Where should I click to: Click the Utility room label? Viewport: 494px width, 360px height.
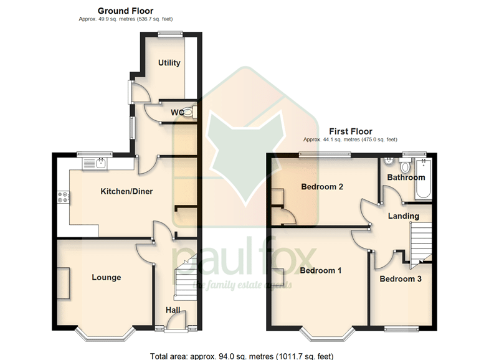(x=169, y=63)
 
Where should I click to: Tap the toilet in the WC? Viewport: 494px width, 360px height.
(x=189, y=111)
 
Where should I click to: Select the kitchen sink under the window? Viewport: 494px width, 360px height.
(x=95, y=163)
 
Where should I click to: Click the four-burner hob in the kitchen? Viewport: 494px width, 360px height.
(x=64, y=197)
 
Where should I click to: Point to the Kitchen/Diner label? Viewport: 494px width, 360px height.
(x=126, y=191)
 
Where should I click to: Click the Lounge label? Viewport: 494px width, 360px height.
(x=107, y=278)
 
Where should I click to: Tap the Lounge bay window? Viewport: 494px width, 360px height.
(x=105, y=335)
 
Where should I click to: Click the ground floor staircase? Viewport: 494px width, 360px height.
(x=186, y=278)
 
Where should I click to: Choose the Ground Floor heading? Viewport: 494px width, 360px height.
(x=125, y=11)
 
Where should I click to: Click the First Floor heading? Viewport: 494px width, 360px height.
(x=351, y=131)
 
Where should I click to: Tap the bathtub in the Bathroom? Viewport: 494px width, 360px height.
(x=424, y=179)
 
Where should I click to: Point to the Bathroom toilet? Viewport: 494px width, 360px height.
(x=406, y=164)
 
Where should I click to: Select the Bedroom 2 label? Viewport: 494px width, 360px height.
(x=322, y=187)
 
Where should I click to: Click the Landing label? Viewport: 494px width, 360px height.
(x=404, y=216)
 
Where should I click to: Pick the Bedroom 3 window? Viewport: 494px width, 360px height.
(x=401, y=329)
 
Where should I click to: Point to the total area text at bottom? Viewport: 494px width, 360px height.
(x=242, y=356)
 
